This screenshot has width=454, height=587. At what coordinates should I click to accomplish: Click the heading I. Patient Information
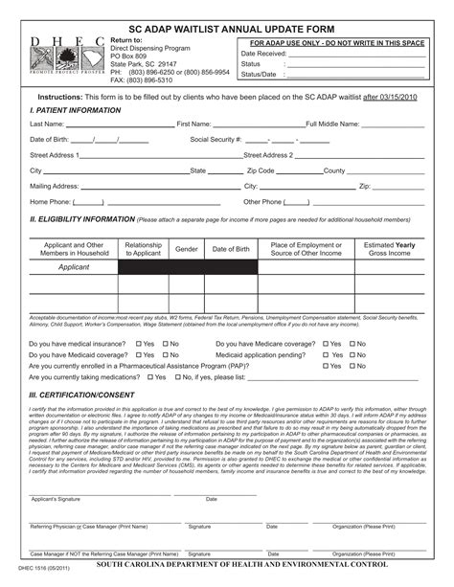coord(75,111)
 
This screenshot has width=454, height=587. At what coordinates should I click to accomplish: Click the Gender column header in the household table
coord(186,249)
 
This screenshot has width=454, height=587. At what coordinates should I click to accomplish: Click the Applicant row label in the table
coord(74,267)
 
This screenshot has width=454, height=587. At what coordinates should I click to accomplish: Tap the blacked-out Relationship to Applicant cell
coord(143,267)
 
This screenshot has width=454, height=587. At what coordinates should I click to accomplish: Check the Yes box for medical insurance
coord(139,343)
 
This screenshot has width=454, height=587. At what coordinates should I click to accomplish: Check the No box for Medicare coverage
coord(352,343)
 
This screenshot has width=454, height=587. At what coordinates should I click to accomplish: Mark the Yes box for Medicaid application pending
coord(326,354)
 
